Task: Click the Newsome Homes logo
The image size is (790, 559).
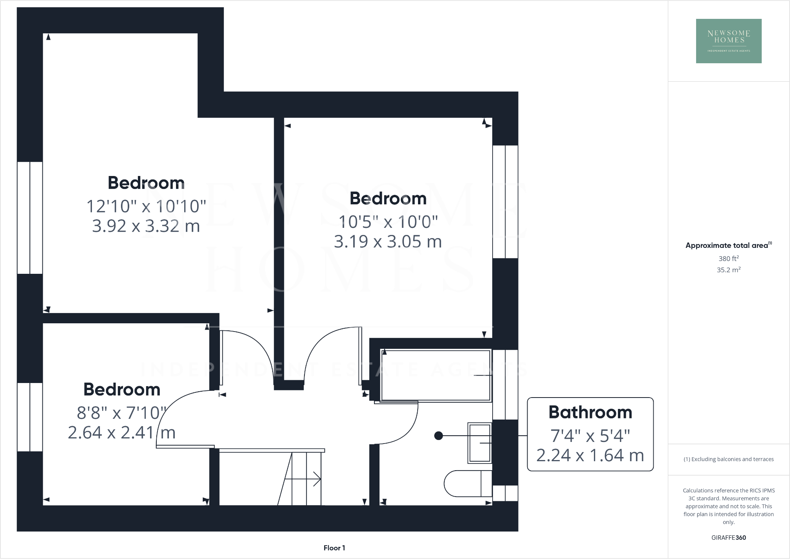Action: tap(728, 41)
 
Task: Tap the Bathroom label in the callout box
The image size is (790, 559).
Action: tap(590, 412)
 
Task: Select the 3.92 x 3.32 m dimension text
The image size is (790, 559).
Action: tap(146, 226)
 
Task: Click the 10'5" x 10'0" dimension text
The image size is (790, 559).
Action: tap(388, 222)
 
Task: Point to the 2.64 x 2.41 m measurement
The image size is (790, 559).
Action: tap(121, 433)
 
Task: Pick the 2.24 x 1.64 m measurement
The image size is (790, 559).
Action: tap(590, 455)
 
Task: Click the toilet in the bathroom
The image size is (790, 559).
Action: tap(467, 484)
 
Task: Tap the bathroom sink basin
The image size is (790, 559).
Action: tap(480, 443)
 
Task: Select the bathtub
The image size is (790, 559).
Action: tap(436, 375)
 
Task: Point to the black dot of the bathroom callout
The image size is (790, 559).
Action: tap(439, 436)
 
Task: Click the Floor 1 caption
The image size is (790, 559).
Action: tap(334, 548)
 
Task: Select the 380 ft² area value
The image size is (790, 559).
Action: tap(728, 258)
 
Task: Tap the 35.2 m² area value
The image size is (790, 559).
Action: tap(728, 270)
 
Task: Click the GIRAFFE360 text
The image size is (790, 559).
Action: tap(728, 538)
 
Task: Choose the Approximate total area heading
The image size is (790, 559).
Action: tap(728, 246)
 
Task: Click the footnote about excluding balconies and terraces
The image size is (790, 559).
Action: tap(728, 459)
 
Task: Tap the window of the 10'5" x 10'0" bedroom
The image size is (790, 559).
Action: tap(505, 202)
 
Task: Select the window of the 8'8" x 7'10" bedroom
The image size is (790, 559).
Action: tap(30, 417)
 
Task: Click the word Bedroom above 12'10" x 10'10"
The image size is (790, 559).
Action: tap(146, 183)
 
